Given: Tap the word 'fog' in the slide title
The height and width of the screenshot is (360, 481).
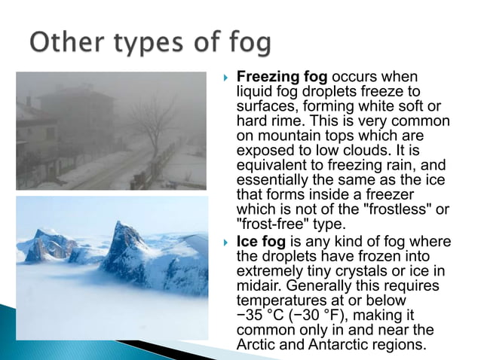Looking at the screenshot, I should point(245,44).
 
